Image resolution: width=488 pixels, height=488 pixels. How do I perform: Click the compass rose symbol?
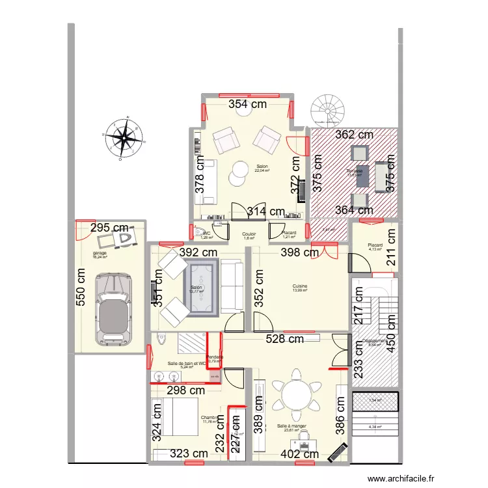tap(124, 137)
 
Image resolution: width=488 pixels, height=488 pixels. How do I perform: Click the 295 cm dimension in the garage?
tap(109, 228)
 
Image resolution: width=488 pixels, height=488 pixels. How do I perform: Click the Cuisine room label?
tap(299, 286)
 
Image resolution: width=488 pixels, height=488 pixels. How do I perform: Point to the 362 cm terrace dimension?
tap(354, 135)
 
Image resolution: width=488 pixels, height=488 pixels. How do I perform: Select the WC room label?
tap(206, 233)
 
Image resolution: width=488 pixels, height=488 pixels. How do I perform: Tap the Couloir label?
tap(249, 234)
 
